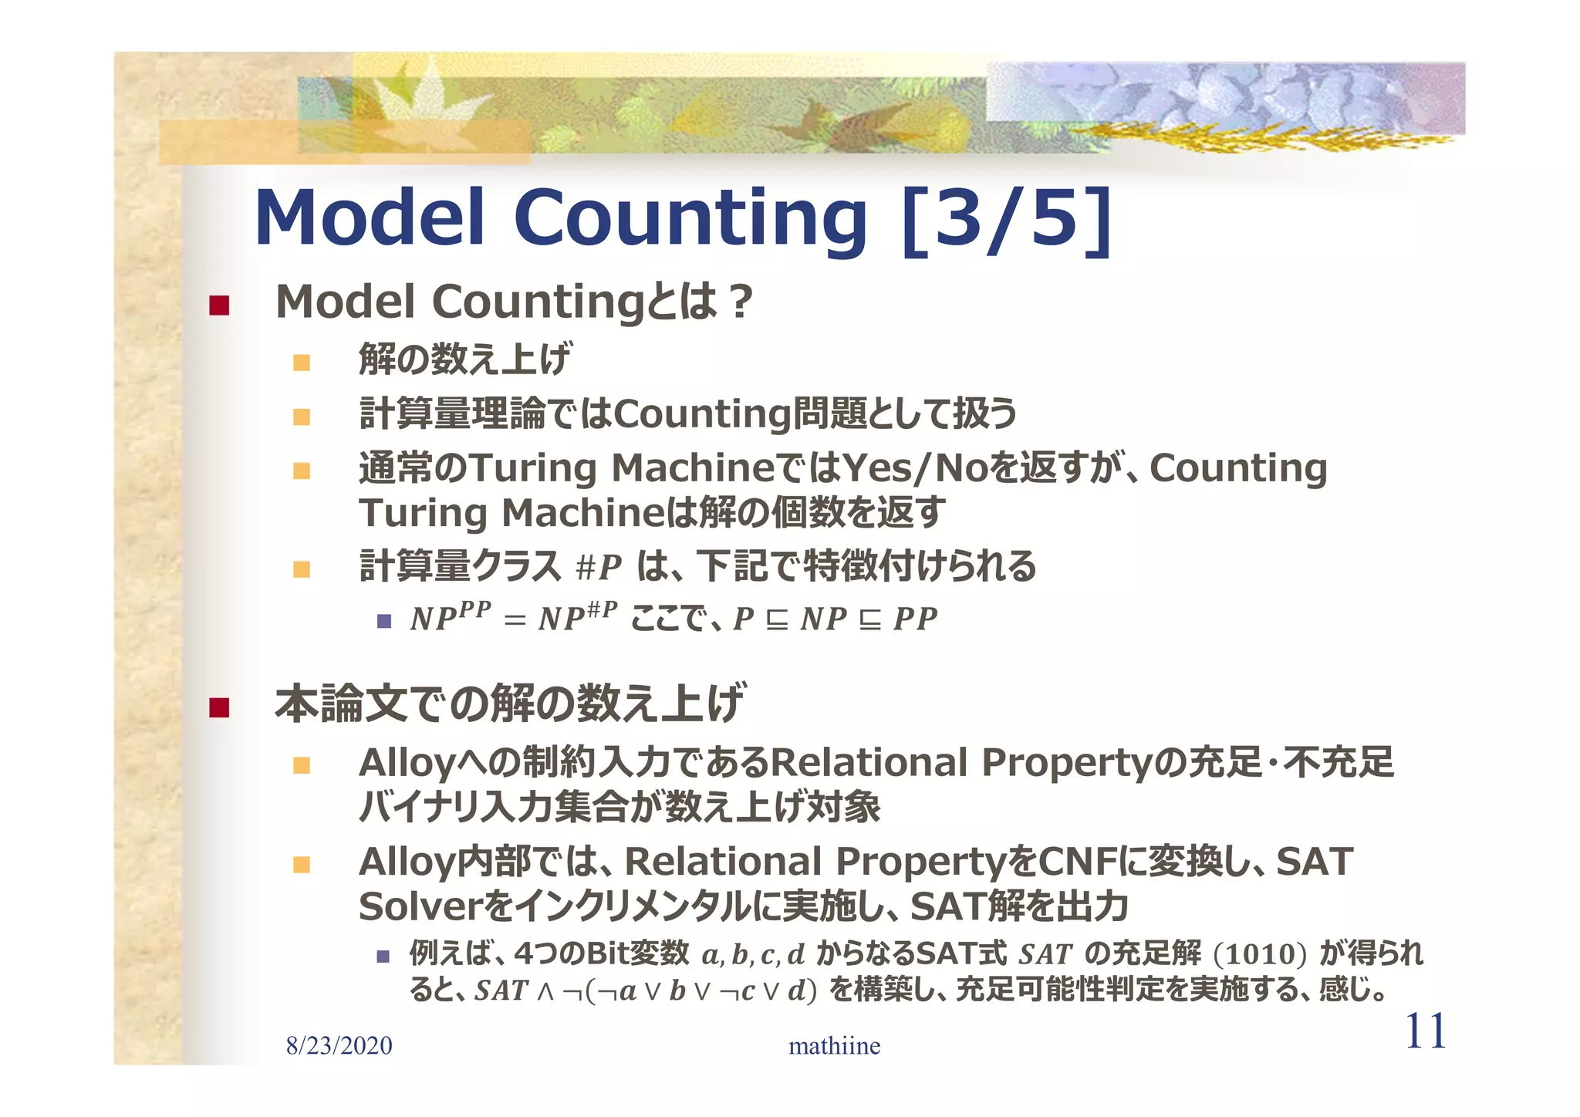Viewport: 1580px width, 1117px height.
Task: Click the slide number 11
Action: point(1425,1031)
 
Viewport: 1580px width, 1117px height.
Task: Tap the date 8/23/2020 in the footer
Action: point(339,1046)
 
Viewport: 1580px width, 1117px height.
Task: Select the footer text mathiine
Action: point(834,1046)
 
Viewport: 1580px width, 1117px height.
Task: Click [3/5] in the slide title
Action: point(1006,219)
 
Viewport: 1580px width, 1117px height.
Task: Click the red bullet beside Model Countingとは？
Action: point(220,305)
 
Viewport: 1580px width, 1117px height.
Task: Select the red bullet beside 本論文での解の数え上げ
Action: point(220,707)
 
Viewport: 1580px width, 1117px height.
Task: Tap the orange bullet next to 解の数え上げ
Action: point(302,362)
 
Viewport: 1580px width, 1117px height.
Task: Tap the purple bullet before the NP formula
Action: point(384,620)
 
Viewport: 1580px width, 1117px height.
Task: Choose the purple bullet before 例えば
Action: point(384,957)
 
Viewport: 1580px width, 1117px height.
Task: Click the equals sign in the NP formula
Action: point(515,620)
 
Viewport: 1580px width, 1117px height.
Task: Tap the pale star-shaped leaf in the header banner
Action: point(420,104)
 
